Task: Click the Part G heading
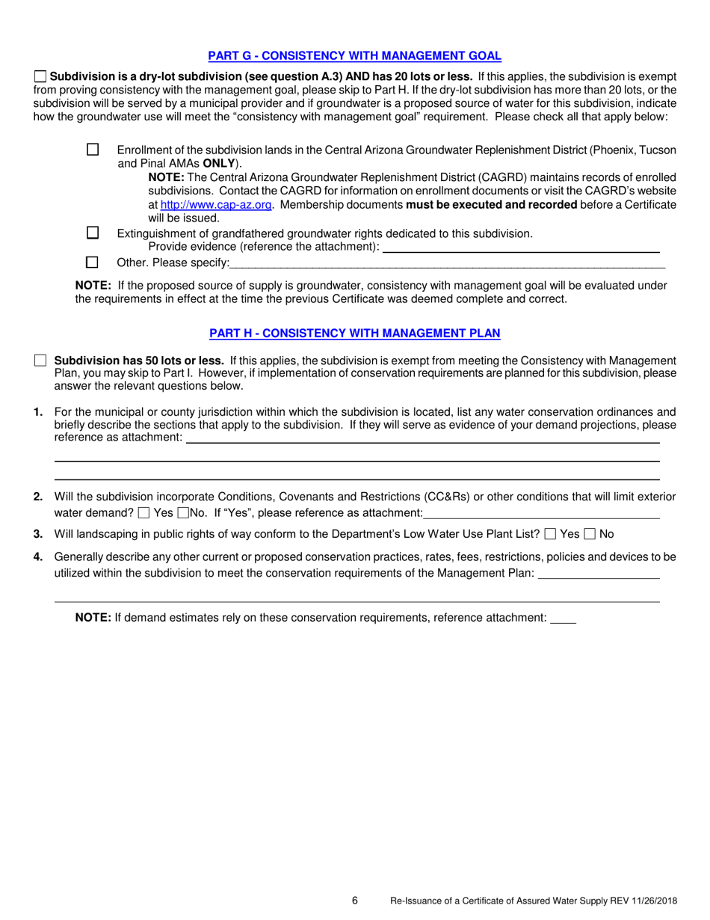click(x=354, y=55)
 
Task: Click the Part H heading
click(x=354, y=333)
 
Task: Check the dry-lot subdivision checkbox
click(x=40, y=76)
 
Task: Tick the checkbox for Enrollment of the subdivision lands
click(x=93, y=150)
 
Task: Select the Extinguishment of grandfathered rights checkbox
click(x=93, y=233)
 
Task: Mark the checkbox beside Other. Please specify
click(x=93, y=263)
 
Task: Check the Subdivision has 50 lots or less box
click(x=40, y=361)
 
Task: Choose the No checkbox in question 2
click(x=183, y=513)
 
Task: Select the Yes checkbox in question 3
click(x=551, y=534)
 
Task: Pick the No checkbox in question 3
click(x=590, y=534)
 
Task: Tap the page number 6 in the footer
click(x=355, y=901)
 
